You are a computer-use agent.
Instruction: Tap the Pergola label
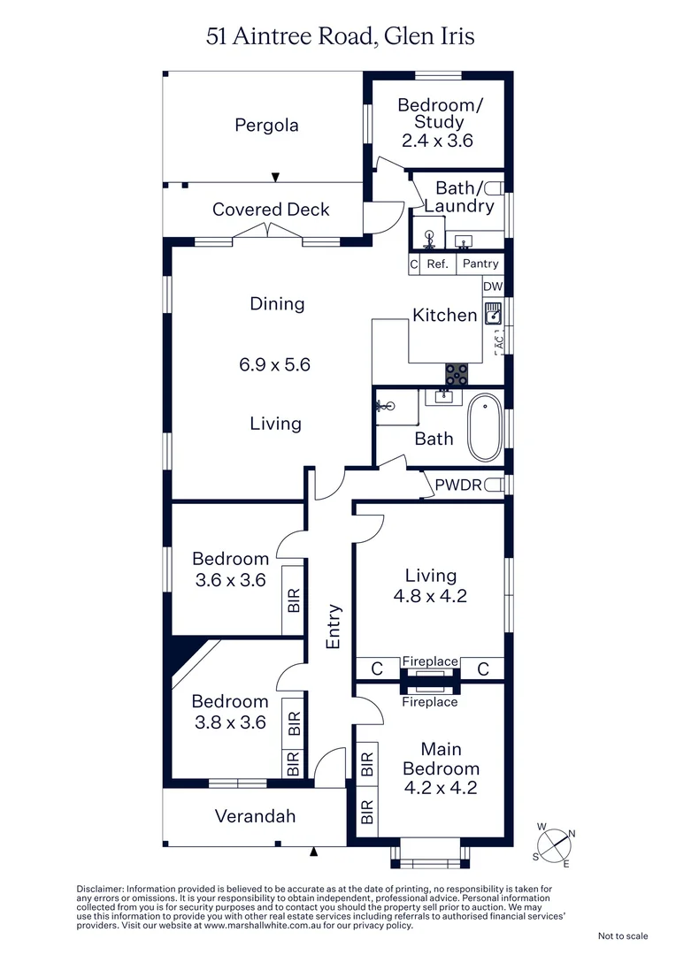(266, 126)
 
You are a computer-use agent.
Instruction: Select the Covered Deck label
(270, 210)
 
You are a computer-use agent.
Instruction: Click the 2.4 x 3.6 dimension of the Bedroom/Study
(438, 140)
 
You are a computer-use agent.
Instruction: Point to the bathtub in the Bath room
(483, 429)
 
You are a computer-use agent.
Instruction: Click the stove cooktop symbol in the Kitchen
(457, 374)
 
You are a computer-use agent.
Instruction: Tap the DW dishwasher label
(493, 286)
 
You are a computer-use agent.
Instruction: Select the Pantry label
(480, 264)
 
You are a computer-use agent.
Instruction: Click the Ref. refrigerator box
(438, 264)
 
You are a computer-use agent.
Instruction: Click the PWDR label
(457, 485)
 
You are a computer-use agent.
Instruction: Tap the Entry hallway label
(334, 626)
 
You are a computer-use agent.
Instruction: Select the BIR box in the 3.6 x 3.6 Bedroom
(294, 600)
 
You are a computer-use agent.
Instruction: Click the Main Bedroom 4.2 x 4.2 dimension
(442, 787)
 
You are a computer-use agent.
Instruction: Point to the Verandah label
(255, 816)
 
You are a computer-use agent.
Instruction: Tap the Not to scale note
(623, 936)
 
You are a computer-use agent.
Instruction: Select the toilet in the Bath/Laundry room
(494, 188)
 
